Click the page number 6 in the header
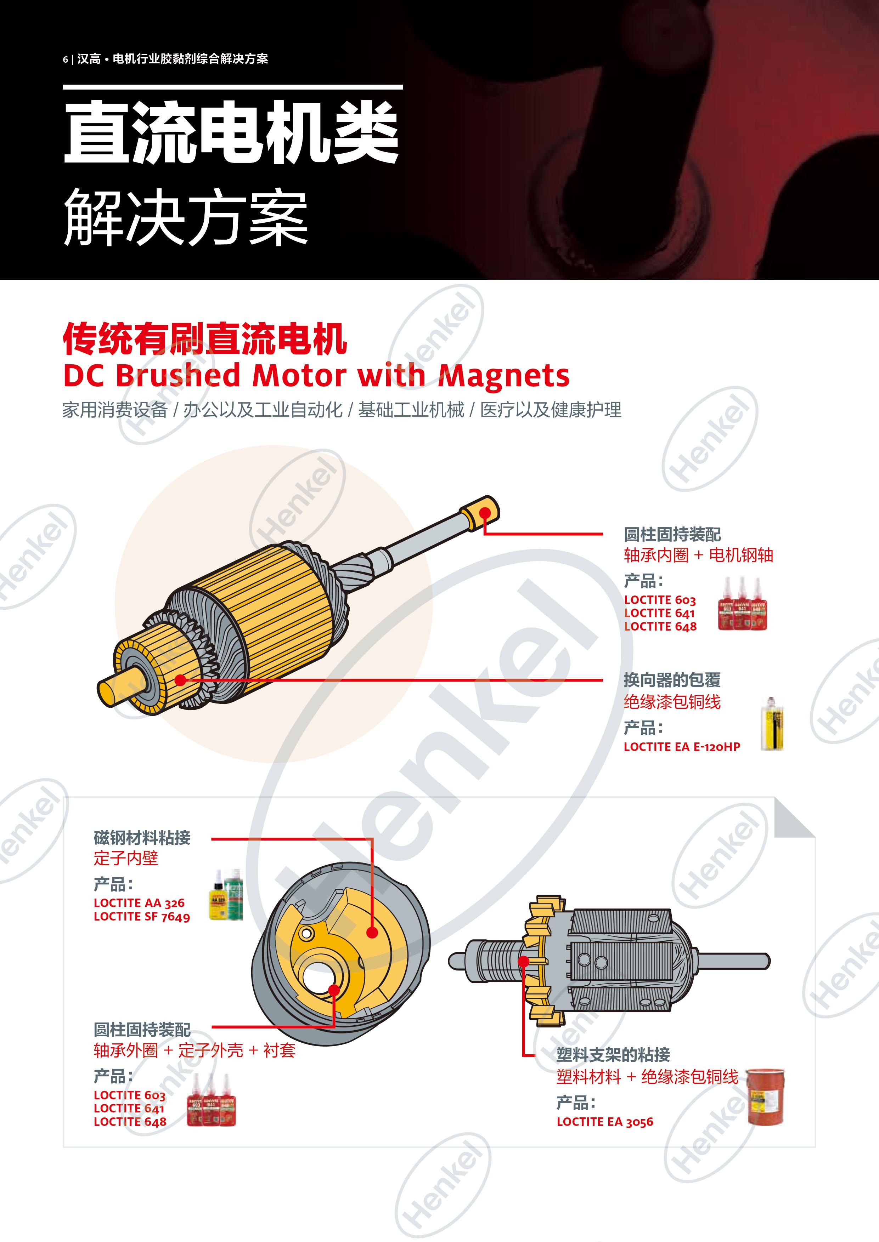point(65,59)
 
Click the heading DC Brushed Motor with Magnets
point(316,375)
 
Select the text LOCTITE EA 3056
point(604,1122)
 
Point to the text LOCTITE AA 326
point(139,903)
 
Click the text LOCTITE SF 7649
point(142,916)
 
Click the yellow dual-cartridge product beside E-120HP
point(771,724)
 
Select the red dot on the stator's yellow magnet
point(372,933)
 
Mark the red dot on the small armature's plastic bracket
point(523,961)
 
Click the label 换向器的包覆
point(672,680)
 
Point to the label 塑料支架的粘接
point(613,1055)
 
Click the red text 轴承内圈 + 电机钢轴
point(698,555)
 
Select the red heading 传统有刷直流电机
point(204,339)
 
